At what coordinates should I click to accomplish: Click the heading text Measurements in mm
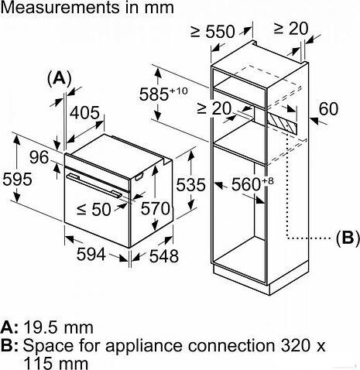87,9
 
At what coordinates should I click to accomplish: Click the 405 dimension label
86,112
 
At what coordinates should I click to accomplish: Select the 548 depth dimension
163,255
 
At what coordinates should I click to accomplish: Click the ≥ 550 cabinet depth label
212,33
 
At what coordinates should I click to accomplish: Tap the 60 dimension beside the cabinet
328,110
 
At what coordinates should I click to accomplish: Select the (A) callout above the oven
59,78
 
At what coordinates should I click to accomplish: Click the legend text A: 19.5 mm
49,325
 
